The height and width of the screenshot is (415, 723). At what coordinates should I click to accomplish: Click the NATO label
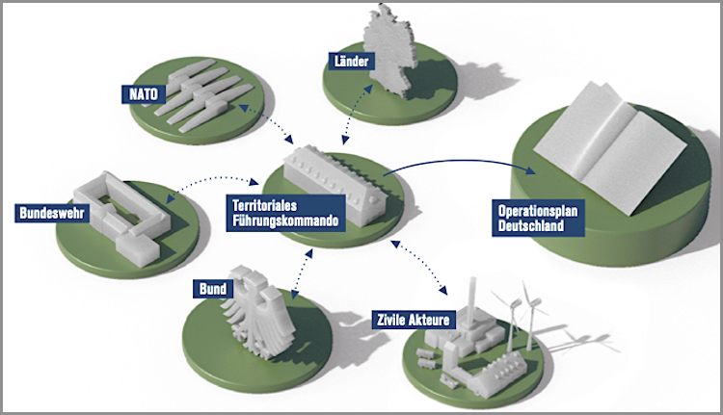(x=142, y=94)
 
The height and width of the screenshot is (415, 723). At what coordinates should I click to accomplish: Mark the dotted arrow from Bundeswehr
(x=212, y=179)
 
